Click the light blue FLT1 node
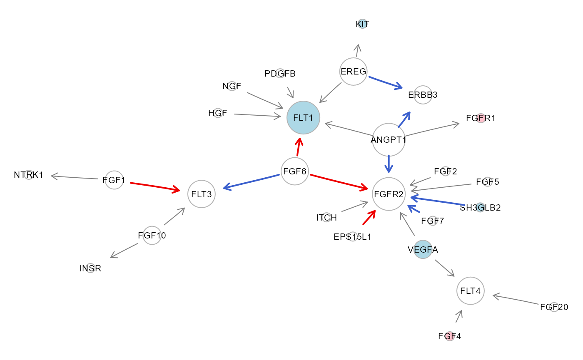click(x=303, y=117)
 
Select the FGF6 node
click(x=295, y=171)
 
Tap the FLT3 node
click(x=202, y=194)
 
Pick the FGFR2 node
click(x=389, y=194)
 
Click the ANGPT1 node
click(x=389, y=139)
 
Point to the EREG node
click(x=353, y=72)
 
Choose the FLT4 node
click(x=471, y=291)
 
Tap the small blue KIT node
click(x=362, y=24)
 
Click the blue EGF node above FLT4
click(x=423, y=250)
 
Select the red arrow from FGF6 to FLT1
click(x=298, y=147)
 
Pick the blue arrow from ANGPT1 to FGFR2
click(x=389, y=164)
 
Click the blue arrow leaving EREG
click(x=385, y=82)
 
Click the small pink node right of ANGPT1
click(x=480, y=119)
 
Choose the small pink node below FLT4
click(x=449, y=336)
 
